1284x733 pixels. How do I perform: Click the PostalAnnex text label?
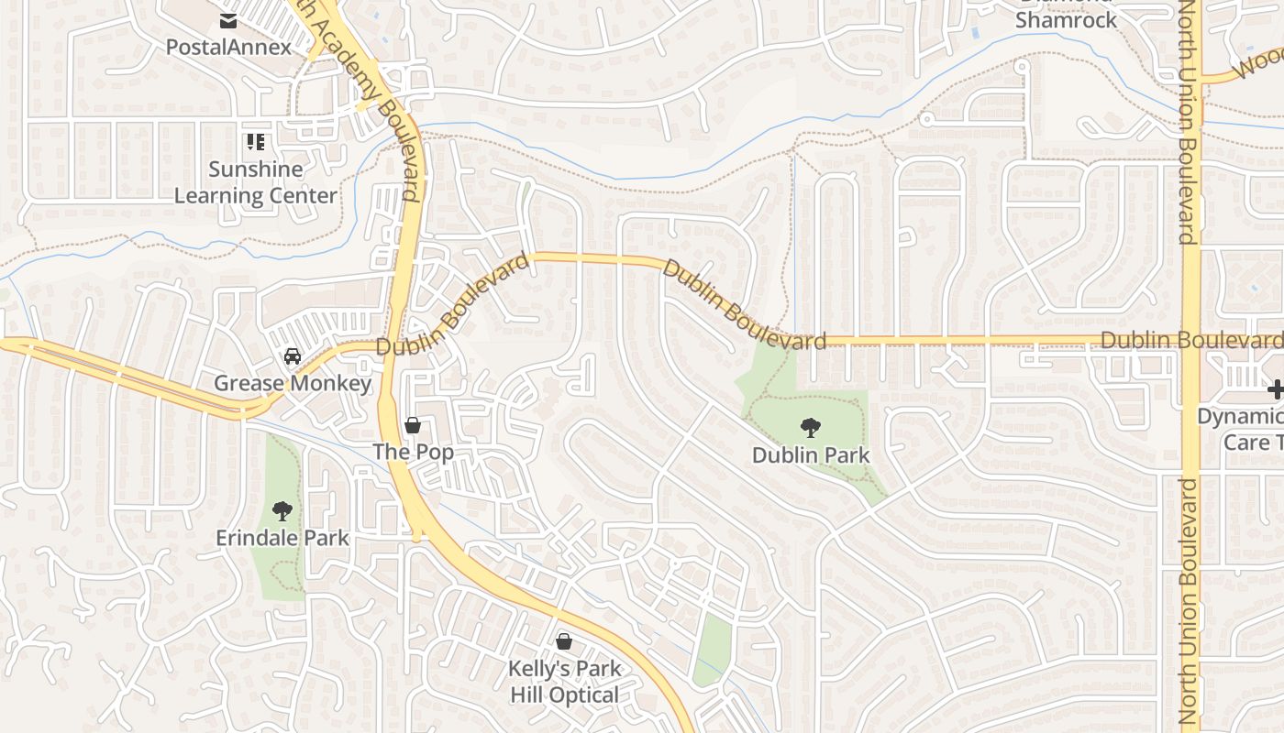pyautogui.click(x=228, y=47)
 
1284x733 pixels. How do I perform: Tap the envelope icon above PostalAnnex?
pyautogui.click(x=228, y=20)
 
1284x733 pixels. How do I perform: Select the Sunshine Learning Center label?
pyautogui.click(x=255, y=182)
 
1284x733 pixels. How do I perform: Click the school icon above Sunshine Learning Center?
pyautogui.click(x=255, y=142)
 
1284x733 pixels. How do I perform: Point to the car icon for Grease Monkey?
pyautogui.click(x=292, y=356)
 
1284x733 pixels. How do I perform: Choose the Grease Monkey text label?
pyautogui.click(x=292, y=383)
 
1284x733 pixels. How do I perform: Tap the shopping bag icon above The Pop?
pyautogui.click(x=413, y=425)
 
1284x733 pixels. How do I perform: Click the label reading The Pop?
pyautogui.click(x=413, y=452)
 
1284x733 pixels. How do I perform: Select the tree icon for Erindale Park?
pyautogui.click(x=282, y=511)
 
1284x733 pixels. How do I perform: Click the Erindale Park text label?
pyautogui.click(x=282, y=538)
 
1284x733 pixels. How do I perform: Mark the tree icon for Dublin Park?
pyautogui.click(x=810, y=427)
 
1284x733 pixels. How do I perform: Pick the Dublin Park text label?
pyautogui.click(x=810, y=454)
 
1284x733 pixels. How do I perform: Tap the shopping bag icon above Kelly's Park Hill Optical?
pyautogui.click(x=564, y=641)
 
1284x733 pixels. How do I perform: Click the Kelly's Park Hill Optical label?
pyautogui.click(x=564, y=682)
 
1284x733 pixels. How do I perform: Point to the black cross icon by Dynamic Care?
pyautogui.click(x=1276, y=390)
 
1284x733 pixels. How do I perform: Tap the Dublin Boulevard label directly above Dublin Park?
pyautogui.click(x=743, y=305)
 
